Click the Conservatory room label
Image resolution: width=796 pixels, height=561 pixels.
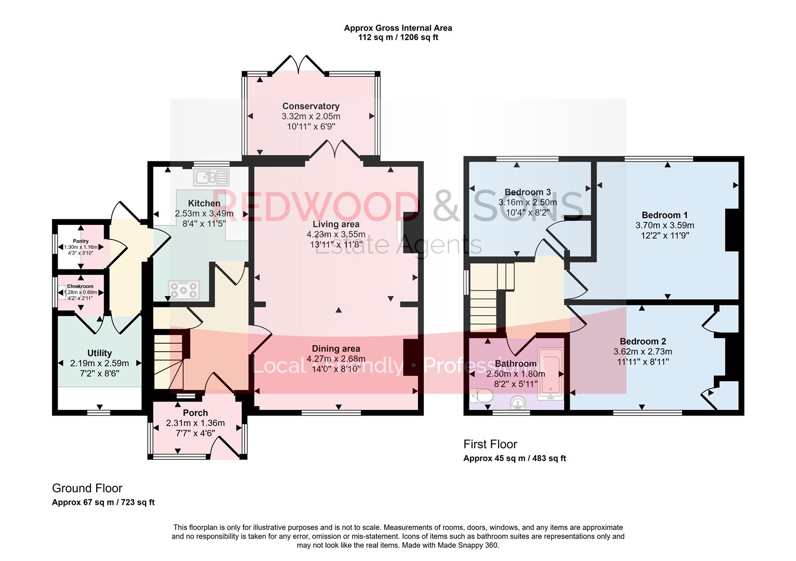point(311,106)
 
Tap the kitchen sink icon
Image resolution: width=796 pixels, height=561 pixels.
point(211,177)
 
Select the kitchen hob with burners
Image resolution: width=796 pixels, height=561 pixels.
point(184,290)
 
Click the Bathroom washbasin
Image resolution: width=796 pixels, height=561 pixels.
point(518,403)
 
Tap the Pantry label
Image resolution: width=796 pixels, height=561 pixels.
point(81,241)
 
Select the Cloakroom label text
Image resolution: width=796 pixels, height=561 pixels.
point(80,286)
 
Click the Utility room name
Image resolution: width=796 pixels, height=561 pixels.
point(99,353)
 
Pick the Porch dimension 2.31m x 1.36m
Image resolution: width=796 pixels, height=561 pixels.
point(195,423)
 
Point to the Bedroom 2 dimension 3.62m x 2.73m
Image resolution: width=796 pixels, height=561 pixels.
point(643,352)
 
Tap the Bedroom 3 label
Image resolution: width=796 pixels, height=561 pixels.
point(527,192)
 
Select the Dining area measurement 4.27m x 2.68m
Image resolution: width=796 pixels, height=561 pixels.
point(336,359)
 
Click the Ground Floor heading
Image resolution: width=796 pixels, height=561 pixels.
point(87,488)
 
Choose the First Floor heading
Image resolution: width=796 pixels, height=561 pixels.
point(490,444)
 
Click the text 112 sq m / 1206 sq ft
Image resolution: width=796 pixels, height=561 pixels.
point(398,37)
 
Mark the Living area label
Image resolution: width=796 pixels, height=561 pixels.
point(336,224)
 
